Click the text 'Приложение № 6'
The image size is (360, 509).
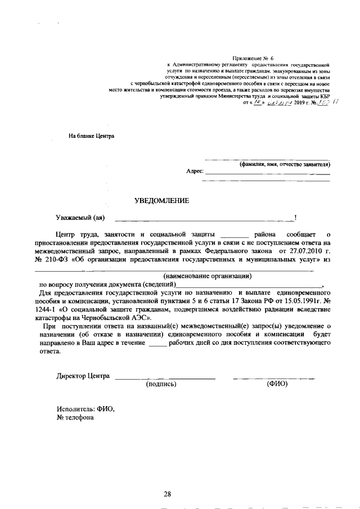click(x=253, y=58)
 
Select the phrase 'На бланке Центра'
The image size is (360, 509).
click(x=91, y=136)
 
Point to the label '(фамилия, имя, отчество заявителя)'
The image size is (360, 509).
click(x=284, y=164)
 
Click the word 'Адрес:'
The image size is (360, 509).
click(x=194, y=171)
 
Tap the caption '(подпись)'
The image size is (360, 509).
click(x=161, y=384)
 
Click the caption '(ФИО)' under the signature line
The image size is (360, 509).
click(x=277, y=384)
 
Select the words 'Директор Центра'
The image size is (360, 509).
click(x=83, y=376)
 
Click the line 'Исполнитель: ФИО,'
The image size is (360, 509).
click(x=85, y=409)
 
